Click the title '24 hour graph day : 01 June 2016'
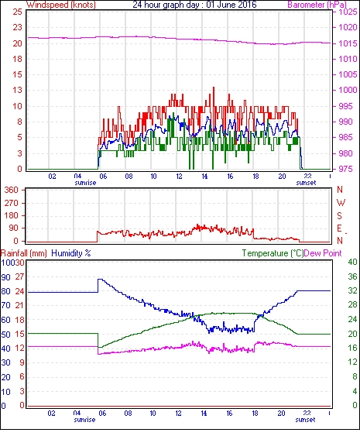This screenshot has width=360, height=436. tap(194, 5)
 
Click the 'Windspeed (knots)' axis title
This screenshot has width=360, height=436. tap(61, 5)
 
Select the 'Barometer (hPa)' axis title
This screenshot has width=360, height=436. tap(317, 5)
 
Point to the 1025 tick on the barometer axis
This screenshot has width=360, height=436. tap(348, 12)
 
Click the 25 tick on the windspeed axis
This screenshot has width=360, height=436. tap(17, 12)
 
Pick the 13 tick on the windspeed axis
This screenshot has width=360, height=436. tap(17, 90)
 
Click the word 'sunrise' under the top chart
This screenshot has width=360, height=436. tap(85, 183)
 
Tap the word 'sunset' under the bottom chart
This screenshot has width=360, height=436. tap(305, 419)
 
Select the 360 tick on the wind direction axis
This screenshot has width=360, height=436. tap(12, 190)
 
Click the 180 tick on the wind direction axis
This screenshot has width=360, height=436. tap(12, 215)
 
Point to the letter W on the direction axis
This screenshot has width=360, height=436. tap(341, 203)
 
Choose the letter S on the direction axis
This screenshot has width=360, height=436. tap(339, 215)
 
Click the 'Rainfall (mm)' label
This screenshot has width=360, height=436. tap(24, 253)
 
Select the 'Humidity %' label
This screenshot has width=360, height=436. tap(71, 253)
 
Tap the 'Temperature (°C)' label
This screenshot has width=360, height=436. tap(273, 253)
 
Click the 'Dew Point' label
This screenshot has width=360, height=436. tap(323, 253)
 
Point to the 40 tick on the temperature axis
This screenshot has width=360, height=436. tap(352, 262)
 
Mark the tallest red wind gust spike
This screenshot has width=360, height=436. tap(214, 88)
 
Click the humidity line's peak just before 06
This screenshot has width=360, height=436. tap(100, 279)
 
